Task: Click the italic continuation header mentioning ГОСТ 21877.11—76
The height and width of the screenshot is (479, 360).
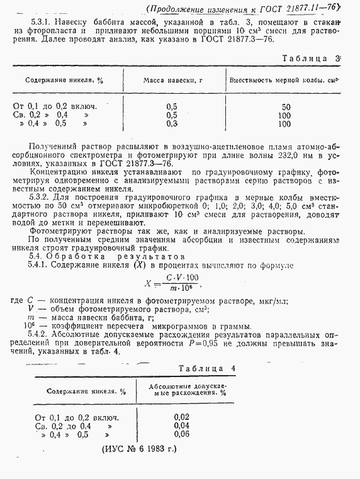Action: pos(242,8)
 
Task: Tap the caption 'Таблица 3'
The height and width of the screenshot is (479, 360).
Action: pos(312,58)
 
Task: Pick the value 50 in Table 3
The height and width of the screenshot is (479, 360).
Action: pos(286,106)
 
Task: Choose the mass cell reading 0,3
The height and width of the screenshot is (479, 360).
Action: pos(171,124)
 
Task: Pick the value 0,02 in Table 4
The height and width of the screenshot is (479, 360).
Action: pos(181,417)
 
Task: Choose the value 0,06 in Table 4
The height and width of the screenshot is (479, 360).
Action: pos(181,434)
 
